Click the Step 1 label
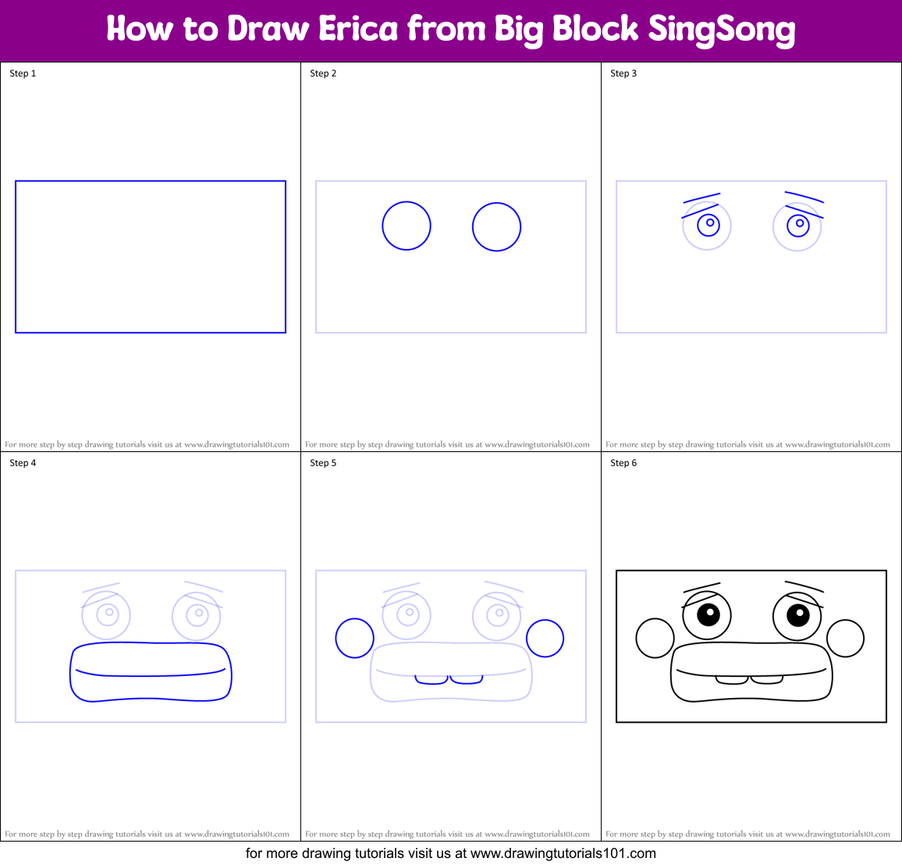23,73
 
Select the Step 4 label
23,463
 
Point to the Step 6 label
623,463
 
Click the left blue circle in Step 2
407,226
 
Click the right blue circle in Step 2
496,227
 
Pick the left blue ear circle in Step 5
354,639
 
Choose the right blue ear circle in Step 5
545,639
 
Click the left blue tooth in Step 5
431,680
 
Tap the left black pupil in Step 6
707,615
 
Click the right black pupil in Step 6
797,615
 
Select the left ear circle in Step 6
655,639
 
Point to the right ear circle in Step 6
845,639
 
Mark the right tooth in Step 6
767,680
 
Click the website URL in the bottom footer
563,853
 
